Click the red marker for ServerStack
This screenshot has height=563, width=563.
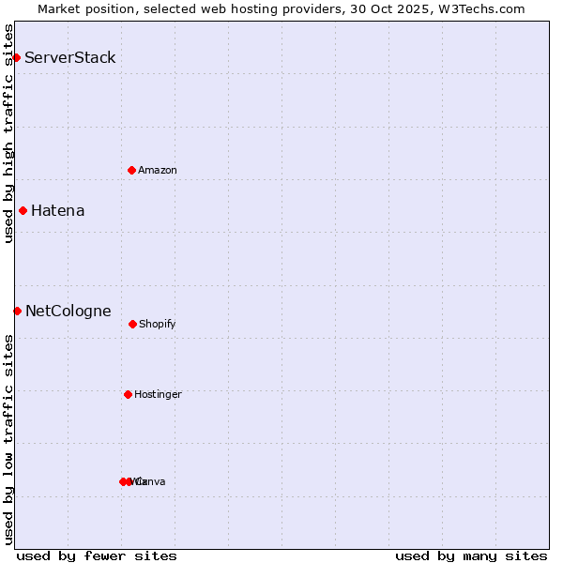click(16, 58)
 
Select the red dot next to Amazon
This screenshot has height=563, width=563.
click(131, 170)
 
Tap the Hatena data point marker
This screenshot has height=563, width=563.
click(23, 211)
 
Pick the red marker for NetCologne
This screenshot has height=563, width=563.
click(17, 311)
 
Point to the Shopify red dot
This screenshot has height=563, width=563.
click(132, 324)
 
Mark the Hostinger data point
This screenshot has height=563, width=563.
click(128, 394)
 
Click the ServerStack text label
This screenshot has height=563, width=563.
click(70, 58)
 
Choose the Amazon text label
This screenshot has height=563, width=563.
click(158, 171)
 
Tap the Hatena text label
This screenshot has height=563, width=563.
click(58, 211)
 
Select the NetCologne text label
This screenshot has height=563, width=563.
click(68, 312)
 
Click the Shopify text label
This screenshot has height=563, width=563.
click(158, 325)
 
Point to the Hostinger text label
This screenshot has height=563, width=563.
click(158, 395)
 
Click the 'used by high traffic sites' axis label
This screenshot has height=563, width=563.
click(8, 133)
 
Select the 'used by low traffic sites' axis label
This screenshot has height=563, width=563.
click(8, 439)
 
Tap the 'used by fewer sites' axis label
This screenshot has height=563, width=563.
click(97, 555)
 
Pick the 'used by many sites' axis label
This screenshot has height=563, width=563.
click(471, 555)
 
